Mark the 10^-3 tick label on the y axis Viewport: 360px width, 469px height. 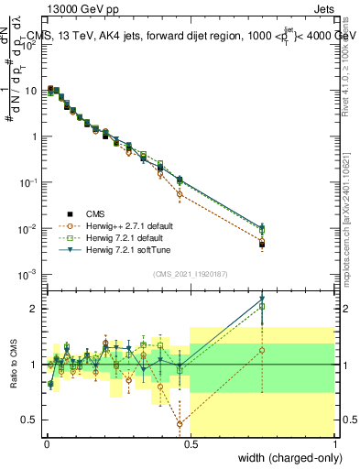coord(27,274)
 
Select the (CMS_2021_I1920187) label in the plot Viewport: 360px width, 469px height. coord(191,272)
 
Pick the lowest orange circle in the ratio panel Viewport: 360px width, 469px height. coord(180,424)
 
